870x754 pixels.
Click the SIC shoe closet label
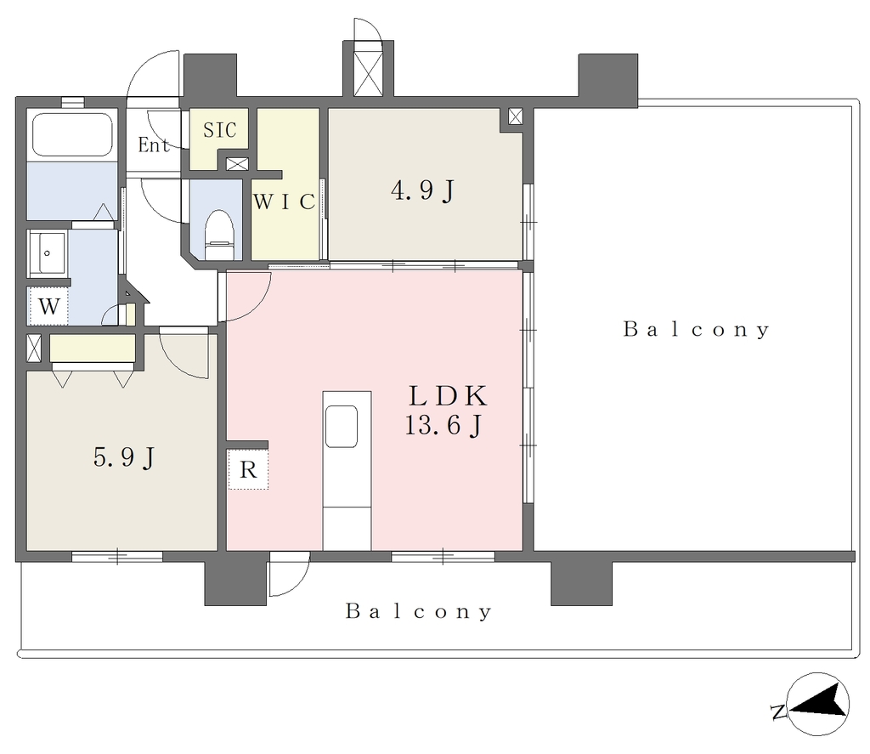[x=220, y=130]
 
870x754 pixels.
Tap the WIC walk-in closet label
[x=284, y=201]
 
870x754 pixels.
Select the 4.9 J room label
[x=423, y=191]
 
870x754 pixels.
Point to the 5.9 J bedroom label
[x=124, y=458]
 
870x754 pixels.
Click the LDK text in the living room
[x=449, y=396]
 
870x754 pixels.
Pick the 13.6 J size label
[x=443, y=426]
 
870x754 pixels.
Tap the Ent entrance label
[x=154, y=145]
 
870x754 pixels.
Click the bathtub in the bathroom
[x=72, y=134]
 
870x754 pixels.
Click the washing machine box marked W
[x=48, y=306]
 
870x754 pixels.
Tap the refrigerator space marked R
[x=248, y=470]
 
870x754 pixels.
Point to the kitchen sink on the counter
[x=342, y=427]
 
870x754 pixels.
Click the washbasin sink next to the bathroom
[x=48, y=253]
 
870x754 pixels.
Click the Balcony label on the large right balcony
[x=697, y=329]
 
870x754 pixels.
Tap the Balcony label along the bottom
[x=419, y=611]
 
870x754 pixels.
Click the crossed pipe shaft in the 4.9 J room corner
[x=516, y=116]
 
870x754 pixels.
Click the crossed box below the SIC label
[x=238, y=164]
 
